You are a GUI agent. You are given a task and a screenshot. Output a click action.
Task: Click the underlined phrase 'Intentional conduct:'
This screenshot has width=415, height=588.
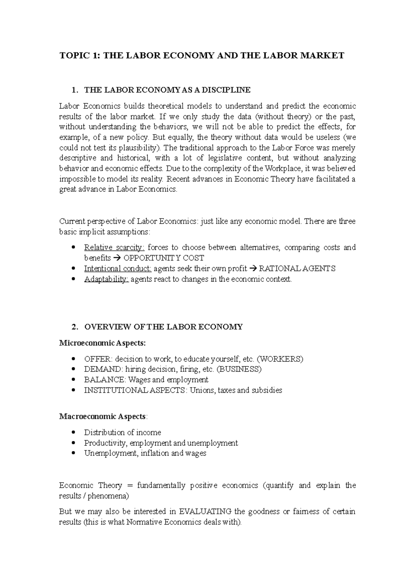(118, 269)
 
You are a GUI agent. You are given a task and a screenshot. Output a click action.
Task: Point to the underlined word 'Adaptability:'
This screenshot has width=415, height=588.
(106, 279)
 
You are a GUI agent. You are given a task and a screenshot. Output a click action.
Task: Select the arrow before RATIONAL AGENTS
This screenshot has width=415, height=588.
(253, 269)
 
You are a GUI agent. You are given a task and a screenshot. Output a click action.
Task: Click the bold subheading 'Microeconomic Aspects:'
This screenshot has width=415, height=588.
(103, 343)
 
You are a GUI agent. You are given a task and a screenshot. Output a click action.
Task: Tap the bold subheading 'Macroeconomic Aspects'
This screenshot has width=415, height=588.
(102, 416)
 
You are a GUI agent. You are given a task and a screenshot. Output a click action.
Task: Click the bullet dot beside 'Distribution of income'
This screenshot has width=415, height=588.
(72, 433)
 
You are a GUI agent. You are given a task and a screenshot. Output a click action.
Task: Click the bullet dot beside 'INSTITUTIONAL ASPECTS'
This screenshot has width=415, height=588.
(72, 390)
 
